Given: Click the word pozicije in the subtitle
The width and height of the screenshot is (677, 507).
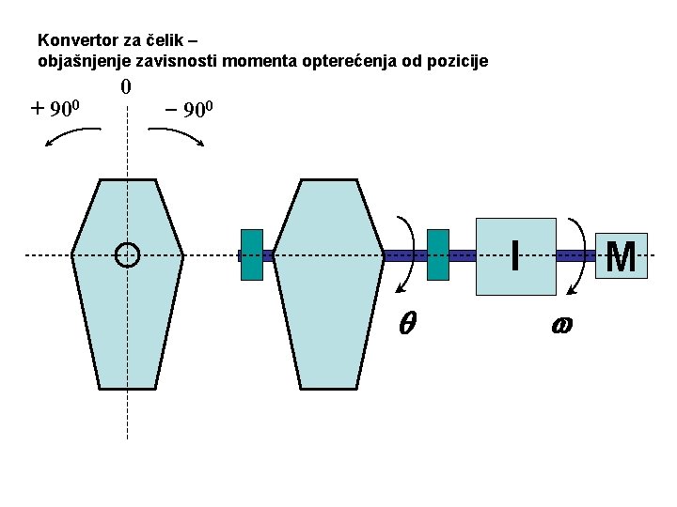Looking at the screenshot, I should (459, 62).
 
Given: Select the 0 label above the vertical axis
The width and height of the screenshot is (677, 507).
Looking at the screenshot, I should (126, 88).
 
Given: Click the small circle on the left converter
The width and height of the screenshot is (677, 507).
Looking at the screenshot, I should (126, 254).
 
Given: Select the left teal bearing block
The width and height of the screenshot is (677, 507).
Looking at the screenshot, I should (251, 254).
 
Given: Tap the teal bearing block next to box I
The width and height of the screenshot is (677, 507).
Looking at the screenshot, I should (438, 254).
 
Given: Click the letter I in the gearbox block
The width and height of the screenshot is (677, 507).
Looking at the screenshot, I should (514, 254).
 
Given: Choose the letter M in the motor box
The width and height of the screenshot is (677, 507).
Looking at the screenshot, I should (621, 255).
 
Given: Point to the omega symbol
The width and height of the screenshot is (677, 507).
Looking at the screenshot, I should (561, 324).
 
